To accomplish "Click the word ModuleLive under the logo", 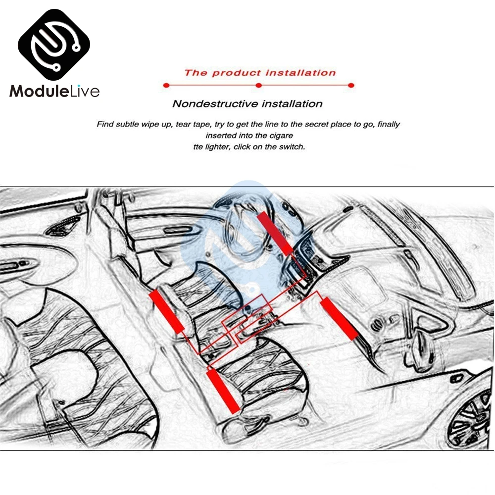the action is click(54, 92).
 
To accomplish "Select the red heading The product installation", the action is click(260, 73).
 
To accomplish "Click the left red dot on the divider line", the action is click(166, 86).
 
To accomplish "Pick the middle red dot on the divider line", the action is click(258, 86).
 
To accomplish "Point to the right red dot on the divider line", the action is click(351, 86).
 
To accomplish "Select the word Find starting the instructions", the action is click(105, 124).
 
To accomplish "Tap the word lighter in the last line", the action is click(222, 147).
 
